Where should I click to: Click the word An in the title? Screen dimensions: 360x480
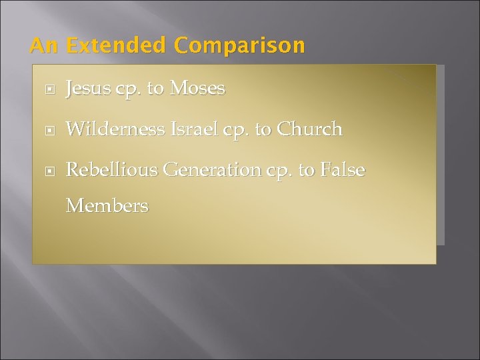44,46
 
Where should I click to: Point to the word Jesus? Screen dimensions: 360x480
88,88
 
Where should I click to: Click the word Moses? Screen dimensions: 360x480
197,88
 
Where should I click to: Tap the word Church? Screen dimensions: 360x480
310,129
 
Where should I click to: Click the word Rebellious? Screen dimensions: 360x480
111,170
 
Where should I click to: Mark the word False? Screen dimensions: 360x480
343,170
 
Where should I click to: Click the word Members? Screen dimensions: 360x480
107,206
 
